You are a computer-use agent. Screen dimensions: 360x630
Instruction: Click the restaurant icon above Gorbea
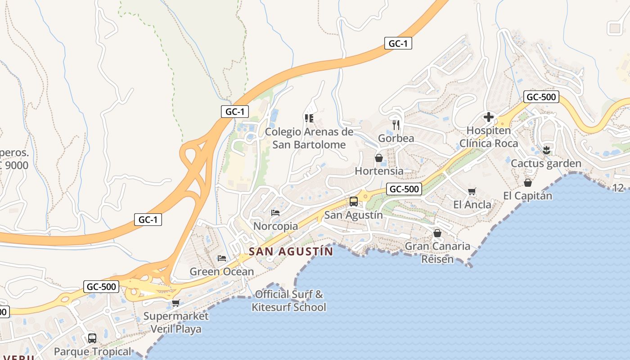click(396, 125)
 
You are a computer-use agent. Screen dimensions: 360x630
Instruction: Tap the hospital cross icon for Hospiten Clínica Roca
click(489, 117)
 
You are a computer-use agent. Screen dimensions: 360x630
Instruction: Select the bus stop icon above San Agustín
click(354, 202)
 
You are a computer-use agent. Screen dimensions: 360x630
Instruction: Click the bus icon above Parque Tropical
click(92, 338)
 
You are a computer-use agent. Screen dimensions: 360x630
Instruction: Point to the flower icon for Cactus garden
click(546, 150)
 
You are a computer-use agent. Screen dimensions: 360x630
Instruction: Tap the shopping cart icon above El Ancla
click(472, 192)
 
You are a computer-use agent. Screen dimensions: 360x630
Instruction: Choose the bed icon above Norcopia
click(275, 212)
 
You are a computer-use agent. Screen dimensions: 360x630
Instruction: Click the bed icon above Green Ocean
click(221, 258)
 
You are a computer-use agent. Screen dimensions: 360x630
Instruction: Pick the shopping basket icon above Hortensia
click(379, 158)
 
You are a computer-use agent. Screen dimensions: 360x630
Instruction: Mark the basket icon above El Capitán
click(528, 183)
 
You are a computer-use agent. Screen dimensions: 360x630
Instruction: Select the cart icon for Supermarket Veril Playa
click(175, 303)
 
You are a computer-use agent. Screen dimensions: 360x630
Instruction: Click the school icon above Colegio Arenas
click(309, 118)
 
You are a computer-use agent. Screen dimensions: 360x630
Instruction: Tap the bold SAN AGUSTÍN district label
click(291, 252)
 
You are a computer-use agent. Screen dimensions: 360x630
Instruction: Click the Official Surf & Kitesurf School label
click(289, 301)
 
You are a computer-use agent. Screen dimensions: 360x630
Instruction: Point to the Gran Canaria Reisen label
click(437, 252)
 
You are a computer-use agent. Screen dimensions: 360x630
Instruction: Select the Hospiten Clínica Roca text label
click(489, 137)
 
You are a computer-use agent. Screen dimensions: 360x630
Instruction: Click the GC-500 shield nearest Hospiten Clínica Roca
click(541, 97)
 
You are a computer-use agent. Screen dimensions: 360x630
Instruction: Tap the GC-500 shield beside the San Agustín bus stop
click(404, 189)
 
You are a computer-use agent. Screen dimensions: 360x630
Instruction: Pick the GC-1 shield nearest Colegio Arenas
click(235, 112)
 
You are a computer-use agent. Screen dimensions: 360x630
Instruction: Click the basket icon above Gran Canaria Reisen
click(437, 233)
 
